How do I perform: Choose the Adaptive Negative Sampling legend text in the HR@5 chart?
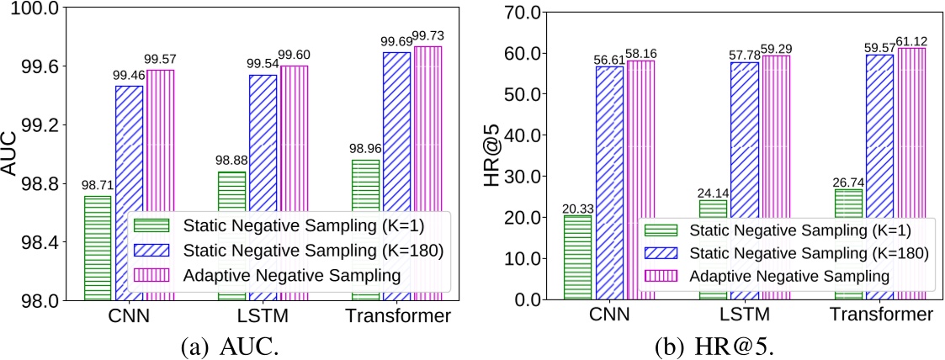(x=792, y=276)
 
